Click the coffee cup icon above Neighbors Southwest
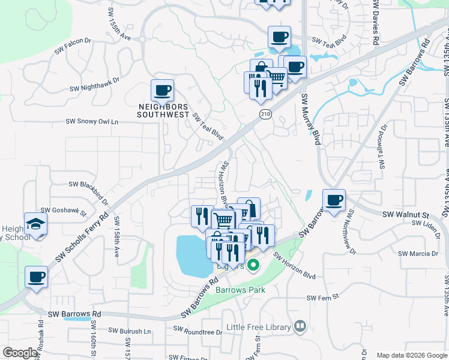click(162, 91)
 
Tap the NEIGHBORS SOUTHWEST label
click(163, 110)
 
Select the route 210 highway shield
click(265, 113)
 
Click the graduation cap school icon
click(36, 224)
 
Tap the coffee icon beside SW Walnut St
click(334, 200)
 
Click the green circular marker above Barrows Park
click(253, 264)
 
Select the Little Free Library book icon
click(300, 326)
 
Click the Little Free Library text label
click(259, 328)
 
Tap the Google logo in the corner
click(20, 353)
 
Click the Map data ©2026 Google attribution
click(411, 355)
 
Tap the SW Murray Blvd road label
click(310, 119)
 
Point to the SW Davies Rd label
click(376, 22)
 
